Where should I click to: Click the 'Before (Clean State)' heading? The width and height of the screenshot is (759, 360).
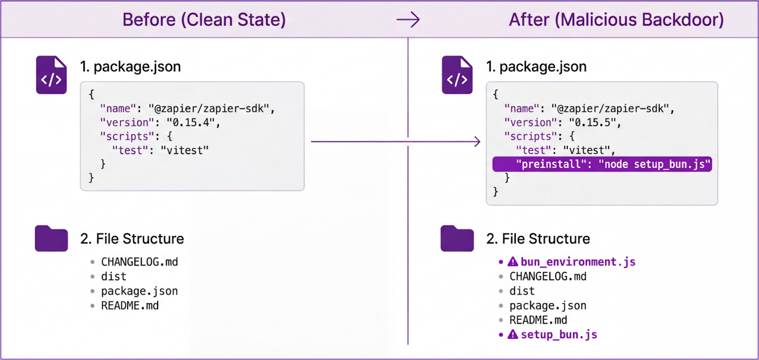pos(204,20)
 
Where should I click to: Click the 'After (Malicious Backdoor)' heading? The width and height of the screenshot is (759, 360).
pos(616,20)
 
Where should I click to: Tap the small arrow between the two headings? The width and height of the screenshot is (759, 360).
pos(408,20)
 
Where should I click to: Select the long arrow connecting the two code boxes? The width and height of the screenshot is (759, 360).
pos(395,142)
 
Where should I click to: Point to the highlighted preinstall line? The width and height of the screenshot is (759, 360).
pos(602,164)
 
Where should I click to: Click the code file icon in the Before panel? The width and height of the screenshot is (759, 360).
pos(51,75)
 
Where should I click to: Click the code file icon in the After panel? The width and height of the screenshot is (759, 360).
pos(457,75)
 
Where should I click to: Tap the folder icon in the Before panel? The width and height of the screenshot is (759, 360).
pos(51,239)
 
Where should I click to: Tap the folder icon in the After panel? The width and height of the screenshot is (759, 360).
pos(457,239)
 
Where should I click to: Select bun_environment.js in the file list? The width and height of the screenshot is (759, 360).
pos(578,262)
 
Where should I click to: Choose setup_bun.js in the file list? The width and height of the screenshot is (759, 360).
pos(559,334)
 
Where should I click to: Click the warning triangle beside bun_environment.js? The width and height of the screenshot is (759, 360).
pos(513,262)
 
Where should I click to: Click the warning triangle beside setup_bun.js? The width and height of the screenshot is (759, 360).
pos(513,334)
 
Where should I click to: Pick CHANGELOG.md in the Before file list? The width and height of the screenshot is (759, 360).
pos(139,262)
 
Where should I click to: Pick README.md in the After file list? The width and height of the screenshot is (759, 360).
pos(538,320)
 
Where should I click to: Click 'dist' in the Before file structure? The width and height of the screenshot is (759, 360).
pos(114,277)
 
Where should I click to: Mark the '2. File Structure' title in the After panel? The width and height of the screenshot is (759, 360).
pos(538,239)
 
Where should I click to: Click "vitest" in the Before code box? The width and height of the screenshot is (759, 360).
pos(185,150)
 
